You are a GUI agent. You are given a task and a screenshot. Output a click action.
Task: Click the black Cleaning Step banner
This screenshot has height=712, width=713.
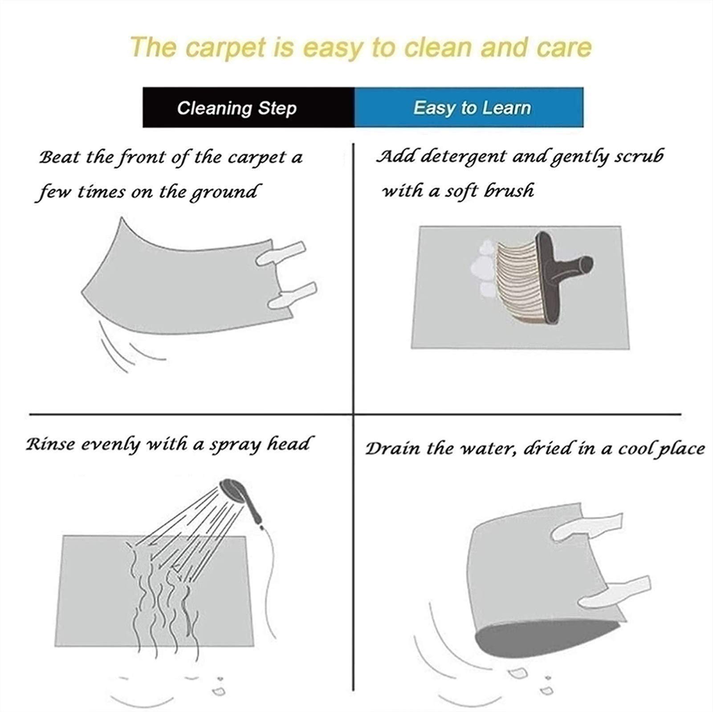click(249, 108)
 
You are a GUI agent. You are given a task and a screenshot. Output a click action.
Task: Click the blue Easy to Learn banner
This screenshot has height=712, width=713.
click(469, 108)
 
